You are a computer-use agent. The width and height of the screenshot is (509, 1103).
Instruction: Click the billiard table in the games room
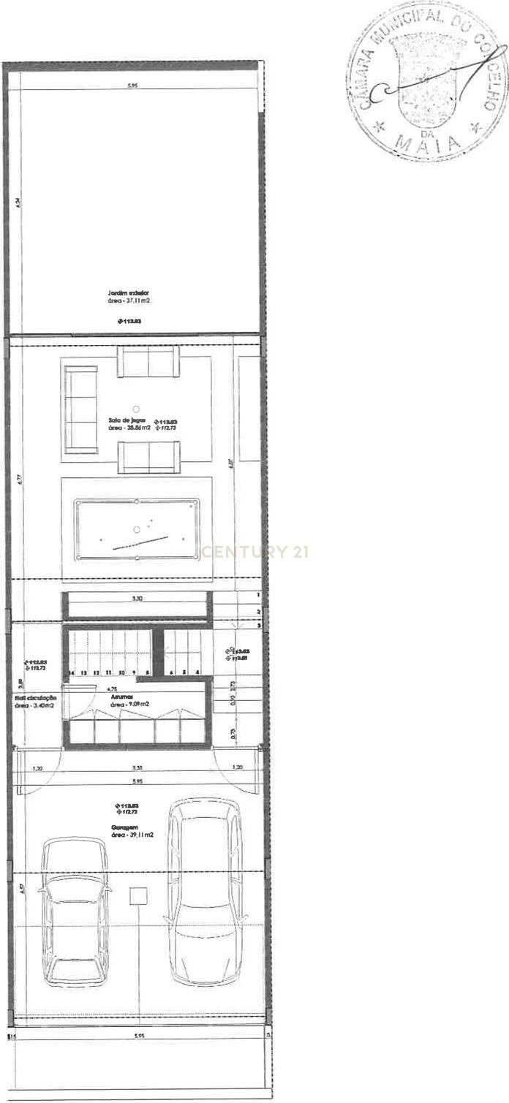click(137, 529)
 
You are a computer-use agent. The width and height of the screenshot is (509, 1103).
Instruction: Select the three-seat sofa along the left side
click(80, 409)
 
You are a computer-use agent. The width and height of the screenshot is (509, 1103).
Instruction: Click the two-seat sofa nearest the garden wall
click(148, 362)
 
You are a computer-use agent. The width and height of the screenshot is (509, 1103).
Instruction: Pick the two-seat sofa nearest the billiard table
click(148, 457)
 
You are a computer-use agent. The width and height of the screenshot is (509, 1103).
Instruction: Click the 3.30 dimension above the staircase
click(137, 598)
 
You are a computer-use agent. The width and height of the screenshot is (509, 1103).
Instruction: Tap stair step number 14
click(71, 672)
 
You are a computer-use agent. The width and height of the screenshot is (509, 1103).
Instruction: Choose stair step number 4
click(197, 672)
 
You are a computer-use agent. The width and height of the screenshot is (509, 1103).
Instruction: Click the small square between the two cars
click(137, 896)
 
